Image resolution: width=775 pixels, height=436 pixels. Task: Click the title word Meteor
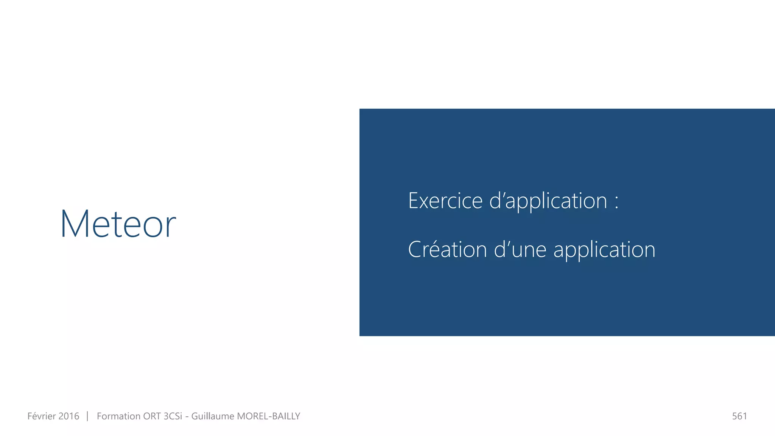tap(118, 224)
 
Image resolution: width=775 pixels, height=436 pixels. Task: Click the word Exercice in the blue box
tap(445, 201)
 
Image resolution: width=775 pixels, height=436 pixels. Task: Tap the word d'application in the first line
tap(548, 201)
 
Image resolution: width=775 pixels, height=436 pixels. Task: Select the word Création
tap(447, 250)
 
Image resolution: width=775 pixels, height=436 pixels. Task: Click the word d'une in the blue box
tap(520, 250)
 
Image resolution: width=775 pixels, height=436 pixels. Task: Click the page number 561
tap(739, 416)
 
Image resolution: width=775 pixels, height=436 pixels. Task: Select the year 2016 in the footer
tap(69, 416)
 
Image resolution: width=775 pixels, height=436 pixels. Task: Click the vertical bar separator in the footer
tap(87, 416)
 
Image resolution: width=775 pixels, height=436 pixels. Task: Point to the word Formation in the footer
tap(118, 416)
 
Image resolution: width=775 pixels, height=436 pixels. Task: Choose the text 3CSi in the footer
tap(173, 416)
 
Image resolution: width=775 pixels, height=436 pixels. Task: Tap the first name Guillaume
tap(213, 416)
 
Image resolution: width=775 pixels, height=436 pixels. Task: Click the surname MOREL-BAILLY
tap(268, 416)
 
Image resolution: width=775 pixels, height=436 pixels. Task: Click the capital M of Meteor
tap(75, 224)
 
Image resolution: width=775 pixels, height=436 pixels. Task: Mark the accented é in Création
tap(434, 250)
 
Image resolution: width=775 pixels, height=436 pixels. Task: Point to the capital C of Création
tap(415, 250)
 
